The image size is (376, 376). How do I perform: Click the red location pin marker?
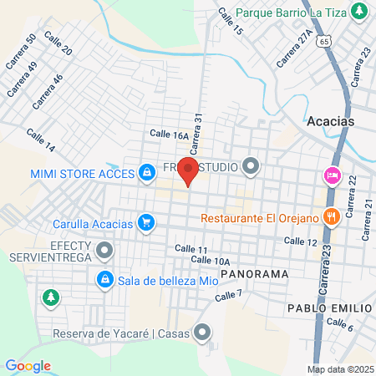pyautogui.click(x=188, y=172)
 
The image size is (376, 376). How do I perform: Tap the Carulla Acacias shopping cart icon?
pyautogui.click(x=146, y=222)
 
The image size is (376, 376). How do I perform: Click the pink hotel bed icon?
pyautogui.click(x=331, y=175)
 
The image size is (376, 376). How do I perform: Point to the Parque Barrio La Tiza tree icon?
pyautogui.click(x=359, y=12)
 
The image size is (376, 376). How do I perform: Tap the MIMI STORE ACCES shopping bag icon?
pyautogui.click(x=146, y=172)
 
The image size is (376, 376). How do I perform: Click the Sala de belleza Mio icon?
pyautogui.click(x=104, y=279)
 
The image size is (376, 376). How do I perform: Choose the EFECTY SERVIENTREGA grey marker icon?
pyautogui.click(x=104, y=250)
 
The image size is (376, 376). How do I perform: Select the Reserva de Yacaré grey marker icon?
pyautogui.click(x=202, y=333)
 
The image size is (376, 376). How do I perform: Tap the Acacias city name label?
pyautogui.click(x=331, y=121)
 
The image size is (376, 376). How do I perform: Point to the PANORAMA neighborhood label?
pyautogui.click(x=251, y=273)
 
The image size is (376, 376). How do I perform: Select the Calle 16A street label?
pyautogui.click(x=170, y=134)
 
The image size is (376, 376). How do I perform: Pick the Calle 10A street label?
pyautogui.click(x=210, y=261)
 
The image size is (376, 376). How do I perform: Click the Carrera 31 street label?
pyautogui.click(x=197, y=134)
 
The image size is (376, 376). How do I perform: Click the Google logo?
pyautogui.click(x=28, y=366)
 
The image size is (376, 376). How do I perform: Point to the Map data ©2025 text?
pyautogui.click(x=339, y=369)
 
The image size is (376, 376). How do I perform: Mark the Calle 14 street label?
pyautogui.click(x=40, y=140)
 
